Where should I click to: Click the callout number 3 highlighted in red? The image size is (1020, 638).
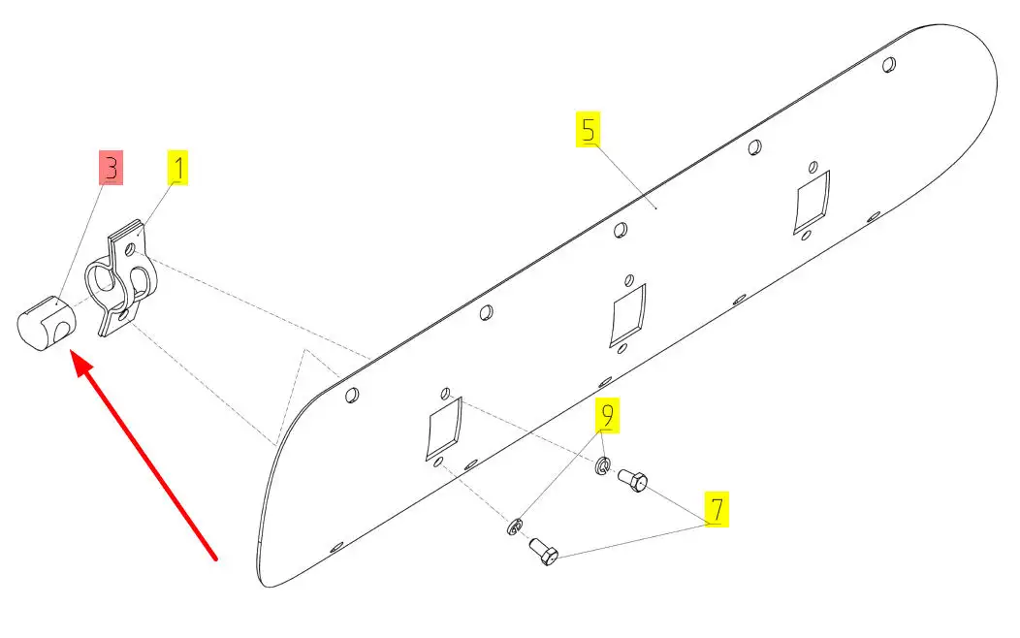click(x=111, y=168)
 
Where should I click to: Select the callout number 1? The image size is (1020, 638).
click(x=177, y=168)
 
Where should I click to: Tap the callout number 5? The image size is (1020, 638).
click(x=589, y=129)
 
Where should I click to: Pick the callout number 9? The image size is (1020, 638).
click(x=607, y=415)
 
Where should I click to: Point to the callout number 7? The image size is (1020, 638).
click(x=717, y=509)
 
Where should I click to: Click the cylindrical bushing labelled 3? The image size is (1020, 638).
click(x=46, y=323)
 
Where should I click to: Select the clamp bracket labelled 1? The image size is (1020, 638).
click(x=122, y=278)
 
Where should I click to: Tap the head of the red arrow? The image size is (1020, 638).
click(x=72, y=353)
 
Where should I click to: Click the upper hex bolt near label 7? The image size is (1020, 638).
click(x=631, y=480)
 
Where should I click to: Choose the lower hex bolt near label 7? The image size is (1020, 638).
click(x=544, y=552)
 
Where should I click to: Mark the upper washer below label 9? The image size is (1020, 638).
click(x=603, y=465)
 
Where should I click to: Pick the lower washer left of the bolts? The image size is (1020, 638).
click(x=514, y=526)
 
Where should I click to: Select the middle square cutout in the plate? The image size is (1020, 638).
click(x=627, y=315)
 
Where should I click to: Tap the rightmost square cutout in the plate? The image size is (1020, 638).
click(x=812, y=202)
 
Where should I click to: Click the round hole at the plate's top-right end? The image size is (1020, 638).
click(x=889, y=64)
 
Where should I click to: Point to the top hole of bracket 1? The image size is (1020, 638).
click(x=130, y=249)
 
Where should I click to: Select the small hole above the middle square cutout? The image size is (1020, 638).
click(x=629, y=280)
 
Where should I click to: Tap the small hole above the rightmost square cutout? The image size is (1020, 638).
click(x=813, y=167)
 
